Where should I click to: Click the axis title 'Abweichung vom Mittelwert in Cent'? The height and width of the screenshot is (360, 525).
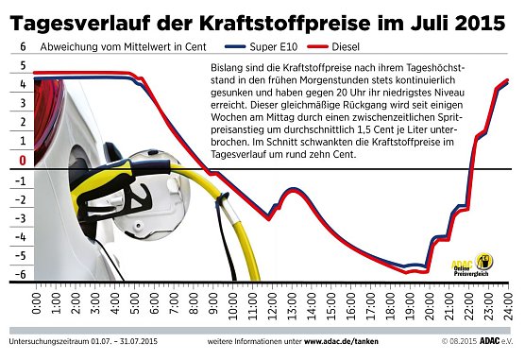point(110,46)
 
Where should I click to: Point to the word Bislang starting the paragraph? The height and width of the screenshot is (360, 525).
point(220,70)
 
